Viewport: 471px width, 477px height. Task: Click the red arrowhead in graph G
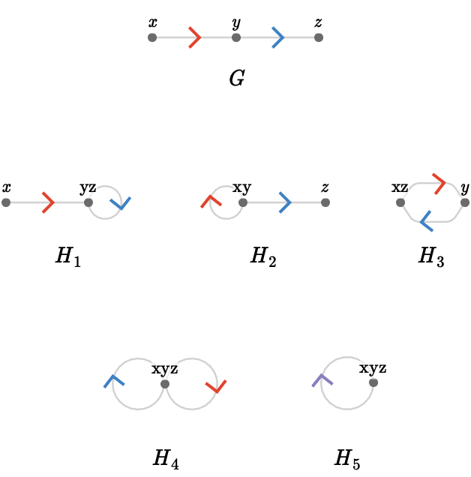[x=196, y=37]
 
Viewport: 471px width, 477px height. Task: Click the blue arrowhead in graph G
[x=279, y=37]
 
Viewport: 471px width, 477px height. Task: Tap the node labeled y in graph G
[x=236, y=37]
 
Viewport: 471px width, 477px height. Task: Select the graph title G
[x=237, y=78]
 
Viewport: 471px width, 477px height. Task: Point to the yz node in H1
[x=88, y=202]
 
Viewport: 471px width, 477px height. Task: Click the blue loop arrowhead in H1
[x=121, y=203]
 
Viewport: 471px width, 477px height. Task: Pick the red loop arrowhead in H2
[x=211, y=202]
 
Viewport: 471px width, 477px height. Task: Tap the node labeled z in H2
[x=325, y=202]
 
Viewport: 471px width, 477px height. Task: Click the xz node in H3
[x=400, y=202]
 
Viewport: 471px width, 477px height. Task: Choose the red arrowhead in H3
[x=439, y=184]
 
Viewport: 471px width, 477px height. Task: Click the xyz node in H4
[x=165, y=384]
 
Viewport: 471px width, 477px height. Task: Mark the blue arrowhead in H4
[x=113, y=381]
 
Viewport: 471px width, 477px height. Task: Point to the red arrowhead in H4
[x=216, y=386]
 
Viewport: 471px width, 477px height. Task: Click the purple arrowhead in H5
[x=322, y=380]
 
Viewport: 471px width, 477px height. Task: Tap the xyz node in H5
[x=373, y=382]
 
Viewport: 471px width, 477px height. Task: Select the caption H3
[x=431, y=256]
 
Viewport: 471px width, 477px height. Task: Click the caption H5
[x=347, y=459]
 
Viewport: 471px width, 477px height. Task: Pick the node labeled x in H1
[x=6, y=202]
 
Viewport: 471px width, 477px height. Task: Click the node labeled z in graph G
[x=319, y=37]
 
